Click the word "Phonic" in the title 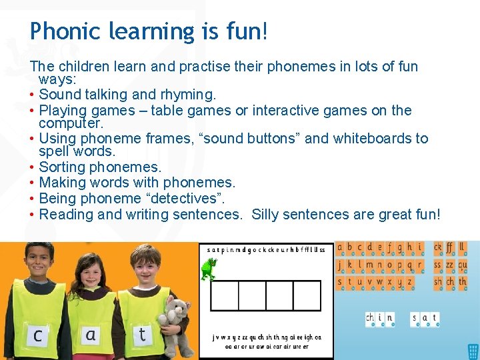[x=62, y=31]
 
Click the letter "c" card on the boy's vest [x=37, y=335]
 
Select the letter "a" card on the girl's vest [x=91, y=335]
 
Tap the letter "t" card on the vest [x=142, y=334]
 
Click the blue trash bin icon [x=473, y=351]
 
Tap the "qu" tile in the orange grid [x=463, y=265]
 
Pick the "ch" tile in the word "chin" [x=370, y=319]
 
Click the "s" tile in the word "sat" [x=415, y=319]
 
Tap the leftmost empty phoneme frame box [x=224, y=295]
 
